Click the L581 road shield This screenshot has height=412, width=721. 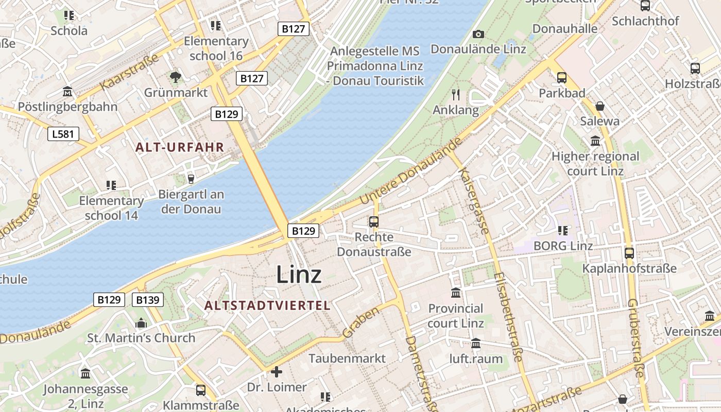(64, 134)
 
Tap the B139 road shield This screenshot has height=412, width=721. (148, 300)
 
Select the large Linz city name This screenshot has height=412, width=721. (299, 274)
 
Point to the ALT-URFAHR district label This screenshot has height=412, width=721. (180, 147)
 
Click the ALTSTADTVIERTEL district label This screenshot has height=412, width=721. (267, 305)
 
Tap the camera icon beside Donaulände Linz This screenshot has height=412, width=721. (478, 34)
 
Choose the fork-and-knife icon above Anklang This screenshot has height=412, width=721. (455, 94)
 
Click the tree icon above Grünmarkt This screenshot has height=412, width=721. (176, 78)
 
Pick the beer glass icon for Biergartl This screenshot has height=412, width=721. (191, 179)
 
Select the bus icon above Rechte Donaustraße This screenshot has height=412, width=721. (374, 222)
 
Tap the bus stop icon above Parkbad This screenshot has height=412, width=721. (562, 78)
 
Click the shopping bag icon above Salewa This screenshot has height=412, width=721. (599, 106)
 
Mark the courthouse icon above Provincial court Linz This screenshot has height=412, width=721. (456, 293)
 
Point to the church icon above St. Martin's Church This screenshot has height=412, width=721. (141, 323)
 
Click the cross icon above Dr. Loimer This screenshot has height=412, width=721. (277, 371)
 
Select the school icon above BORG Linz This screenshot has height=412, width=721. (563, 230)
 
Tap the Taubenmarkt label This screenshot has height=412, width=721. (347, 358)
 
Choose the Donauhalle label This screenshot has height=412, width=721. (565, 28)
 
